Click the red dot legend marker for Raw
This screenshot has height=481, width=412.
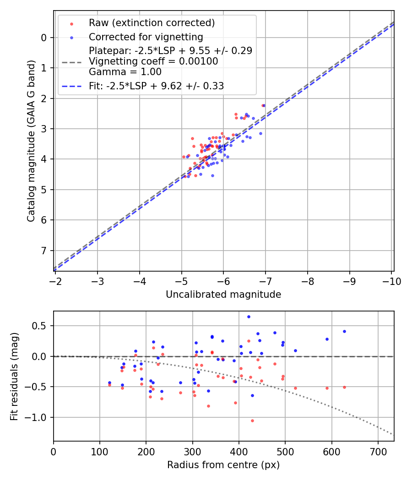(71, 23)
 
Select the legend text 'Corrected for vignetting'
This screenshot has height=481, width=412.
(146, 37)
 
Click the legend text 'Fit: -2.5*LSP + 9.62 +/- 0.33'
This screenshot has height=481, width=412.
(156, 86)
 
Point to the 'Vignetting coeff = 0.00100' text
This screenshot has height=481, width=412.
(153, 61)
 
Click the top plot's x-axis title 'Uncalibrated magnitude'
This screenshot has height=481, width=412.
(223, 295)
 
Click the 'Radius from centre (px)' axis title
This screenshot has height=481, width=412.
(223, 465)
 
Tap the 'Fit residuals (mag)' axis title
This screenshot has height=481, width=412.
(14, 376)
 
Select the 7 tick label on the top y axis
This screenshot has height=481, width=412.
(44, 251)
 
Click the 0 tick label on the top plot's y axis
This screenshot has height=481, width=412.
(44, 38)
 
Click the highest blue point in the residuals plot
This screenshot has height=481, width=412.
(249, 317)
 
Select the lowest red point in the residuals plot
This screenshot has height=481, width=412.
(252, 421)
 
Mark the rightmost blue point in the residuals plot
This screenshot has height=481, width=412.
(344, 331)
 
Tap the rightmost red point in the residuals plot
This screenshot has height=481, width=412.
(344, 387)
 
